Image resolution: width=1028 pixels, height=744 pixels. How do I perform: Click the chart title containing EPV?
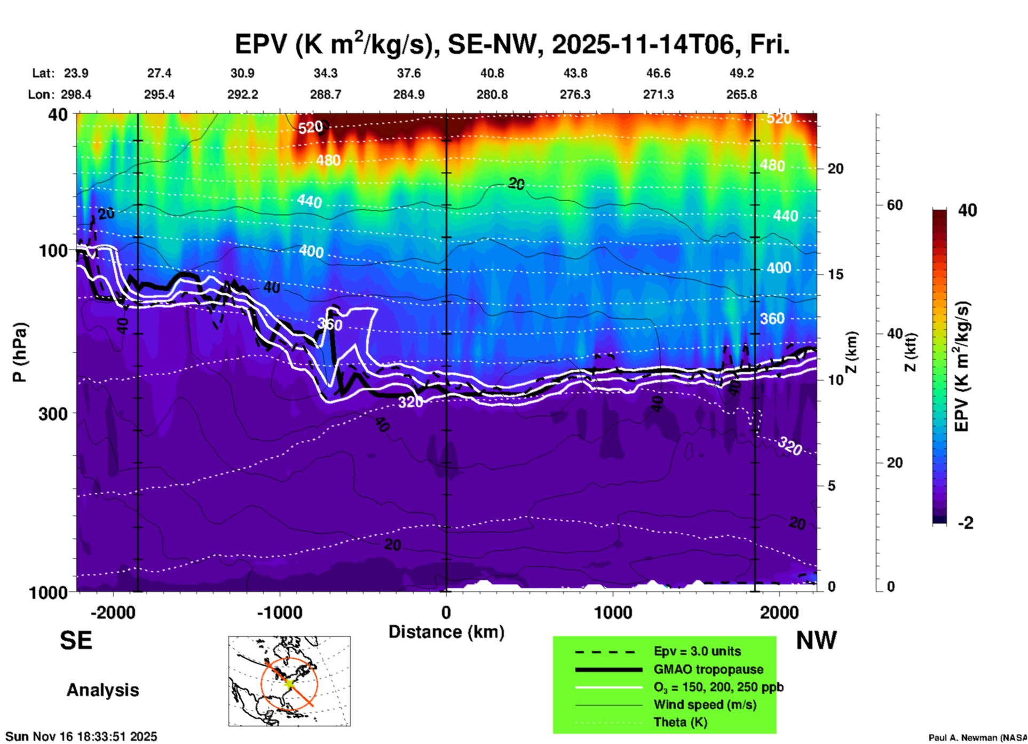pyautogui.click(x=512, y=44)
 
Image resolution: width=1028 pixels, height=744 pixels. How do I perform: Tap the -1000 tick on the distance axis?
pyautogui.click(x=280, y=613)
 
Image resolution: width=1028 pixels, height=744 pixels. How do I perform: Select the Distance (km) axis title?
pyautogui.click(x=446, y=632)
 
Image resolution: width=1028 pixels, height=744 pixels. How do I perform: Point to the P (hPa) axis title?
pyautogui.click(x=20, y=352)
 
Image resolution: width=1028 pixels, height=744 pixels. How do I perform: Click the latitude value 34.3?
pyautogui.click(x=325, y=73)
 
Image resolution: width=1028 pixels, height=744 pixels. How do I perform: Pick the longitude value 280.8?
pyautogui.click(x=492, y=94)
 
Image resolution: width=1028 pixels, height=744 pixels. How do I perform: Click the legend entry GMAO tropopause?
pyautogui.click(x=708, y=669)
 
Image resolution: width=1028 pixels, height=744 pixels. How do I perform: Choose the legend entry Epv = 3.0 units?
pyautogui.click(x=697, y=651)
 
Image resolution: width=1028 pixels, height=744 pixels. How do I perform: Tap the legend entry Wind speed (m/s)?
pyautogui.click(x=705, y=705)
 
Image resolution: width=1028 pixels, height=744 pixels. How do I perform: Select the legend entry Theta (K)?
pyautogui.click(x=680, y=722)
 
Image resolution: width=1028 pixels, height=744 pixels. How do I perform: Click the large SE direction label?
pyautogui.click(x=76, y=640)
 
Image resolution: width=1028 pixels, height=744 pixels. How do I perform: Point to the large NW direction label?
pyautogui.click(x=816, y=640)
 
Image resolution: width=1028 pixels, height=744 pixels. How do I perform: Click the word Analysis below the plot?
pyautogui.click(x=102, y=690)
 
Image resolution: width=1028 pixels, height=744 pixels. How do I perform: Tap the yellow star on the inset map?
pyautogui.click(x=289, y=683)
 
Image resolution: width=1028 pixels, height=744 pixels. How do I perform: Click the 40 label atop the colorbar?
pyautogui.click(x=967, y=210)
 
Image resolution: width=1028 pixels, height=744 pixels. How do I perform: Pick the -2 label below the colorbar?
pyautogui.click(x=966, y=523)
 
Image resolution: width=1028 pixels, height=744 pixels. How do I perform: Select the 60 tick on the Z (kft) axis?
pyautogui.click(x=895, y=205)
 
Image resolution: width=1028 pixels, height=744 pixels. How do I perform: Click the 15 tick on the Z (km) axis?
pyautogui.click(x=835, y=274)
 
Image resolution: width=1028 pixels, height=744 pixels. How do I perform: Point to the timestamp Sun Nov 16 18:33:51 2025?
pyautogui.click(x=81, y=737)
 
